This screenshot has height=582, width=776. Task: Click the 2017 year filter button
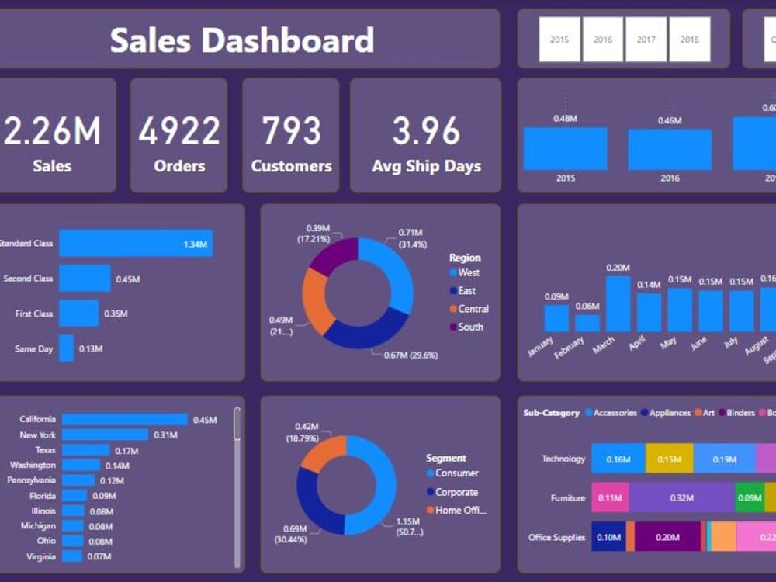pos(646,40)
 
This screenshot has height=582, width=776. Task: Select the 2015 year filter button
pos(559,40)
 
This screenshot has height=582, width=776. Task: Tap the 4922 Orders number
pos(179,131)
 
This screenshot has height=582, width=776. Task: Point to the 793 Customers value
pos(291,131)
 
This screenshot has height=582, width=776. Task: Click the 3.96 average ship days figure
pos(426,131)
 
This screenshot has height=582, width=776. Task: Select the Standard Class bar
pos(136,244)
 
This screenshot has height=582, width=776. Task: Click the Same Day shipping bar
pos(67,348)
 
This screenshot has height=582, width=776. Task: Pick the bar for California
pos(125,420)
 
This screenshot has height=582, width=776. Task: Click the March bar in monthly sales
pos(618,303)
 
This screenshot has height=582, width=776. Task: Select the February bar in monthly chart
pos(587,323)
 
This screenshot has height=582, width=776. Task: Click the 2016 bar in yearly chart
pos(670,150)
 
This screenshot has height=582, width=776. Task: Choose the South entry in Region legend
pos(470,327)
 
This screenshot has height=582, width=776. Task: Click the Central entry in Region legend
pos(473,309)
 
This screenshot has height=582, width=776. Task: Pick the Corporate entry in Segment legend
pos(456,492)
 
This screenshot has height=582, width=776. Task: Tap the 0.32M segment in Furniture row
pos(681,497)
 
